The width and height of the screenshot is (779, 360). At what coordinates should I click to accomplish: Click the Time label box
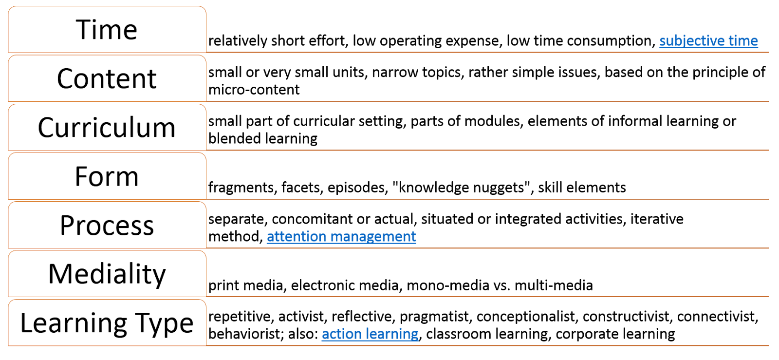click(x=107, y=29)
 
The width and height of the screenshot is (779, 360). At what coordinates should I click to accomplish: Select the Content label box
click(x=107, y=78)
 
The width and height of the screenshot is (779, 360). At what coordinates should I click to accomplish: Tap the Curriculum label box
click(x=107, y=127)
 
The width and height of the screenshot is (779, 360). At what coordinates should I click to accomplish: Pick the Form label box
click(x=107, y=176)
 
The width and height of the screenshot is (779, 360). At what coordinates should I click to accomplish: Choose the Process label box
click(x=107, y=225)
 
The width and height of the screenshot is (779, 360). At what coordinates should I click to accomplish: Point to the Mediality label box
click(x=107, y=274)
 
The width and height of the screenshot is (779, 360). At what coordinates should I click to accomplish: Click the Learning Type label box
click(x=107, y=322)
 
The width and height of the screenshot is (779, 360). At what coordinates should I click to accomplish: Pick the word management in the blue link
click(x=373, y=236)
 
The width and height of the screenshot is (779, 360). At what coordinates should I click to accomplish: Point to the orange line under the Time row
click(x=487, y=52)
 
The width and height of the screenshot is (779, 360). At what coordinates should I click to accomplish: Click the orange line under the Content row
click(x=487, y=101)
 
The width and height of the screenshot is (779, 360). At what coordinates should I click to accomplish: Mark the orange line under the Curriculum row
click(x=487, y=150)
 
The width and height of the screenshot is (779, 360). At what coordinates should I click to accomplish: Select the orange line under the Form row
click(x=487, y=199)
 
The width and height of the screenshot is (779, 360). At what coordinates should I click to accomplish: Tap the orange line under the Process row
click(x=487, y=248)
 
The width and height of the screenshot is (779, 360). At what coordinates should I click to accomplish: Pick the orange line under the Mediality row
click(x=487, y=297)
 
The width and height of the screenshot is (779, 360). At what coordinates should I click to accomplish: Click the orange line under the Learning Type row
click(x=487, y=346)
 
